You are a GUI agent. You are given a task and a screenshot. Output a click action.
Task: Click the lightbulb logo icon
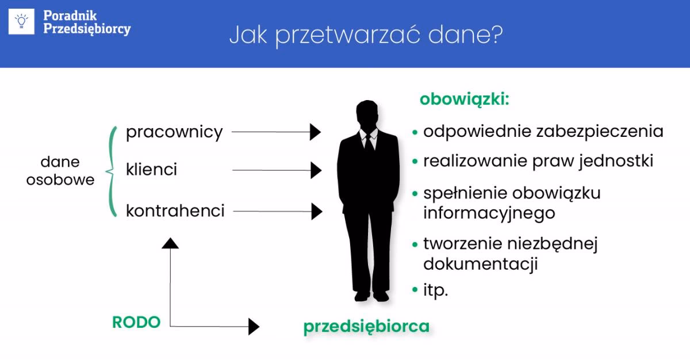[x=22, y=21]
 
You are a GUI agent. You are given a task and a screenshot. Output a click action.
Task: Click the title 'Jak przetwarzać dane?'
[x=366, y=35]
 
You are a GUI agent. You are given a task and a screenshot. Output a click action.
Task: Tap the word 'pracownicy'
[x=174, y=132]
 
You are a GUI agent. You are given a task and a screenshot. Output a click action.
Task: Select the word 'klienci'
[x=152, y=170]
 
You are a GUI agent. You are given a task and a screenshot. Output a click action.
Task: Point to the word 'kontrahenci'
[x=175, y=211]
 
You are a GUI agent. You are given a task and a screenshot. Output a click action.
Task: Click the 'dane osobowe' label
[x=60, y=171]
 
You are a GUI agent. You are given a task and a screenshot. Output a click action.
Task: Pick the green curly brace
[x=112, y=171]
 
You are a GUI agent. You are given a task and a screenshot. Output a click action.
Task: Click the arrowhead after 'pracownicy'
[x=315, y=132]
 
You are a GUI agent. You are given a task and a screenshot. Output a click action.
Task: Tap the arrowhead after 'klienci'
[x=316, y=170]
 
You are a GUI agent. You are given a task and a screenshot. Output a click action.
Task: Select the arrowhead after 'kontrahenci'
[x=316, y=212]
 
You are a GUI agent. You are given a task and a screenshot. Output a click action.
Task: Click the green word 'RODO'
[x=136, y=323]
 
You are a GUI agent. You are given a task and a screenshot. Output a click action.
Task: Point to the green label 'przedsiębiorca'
[x=366, y=327]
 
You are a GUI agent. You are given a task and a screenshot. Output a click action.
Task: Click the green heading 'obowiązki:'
[x=465, y=99]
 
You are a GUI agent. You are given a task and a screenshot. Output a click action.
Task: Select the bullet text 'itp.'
[x=435, y=290]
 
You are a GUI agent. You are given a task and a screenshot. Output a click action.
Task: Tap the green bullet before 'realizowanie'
[x=415, y=162]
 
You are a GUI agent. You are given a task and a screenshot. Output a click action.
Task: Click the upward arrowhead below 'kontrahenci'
[x=170, y=243]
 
